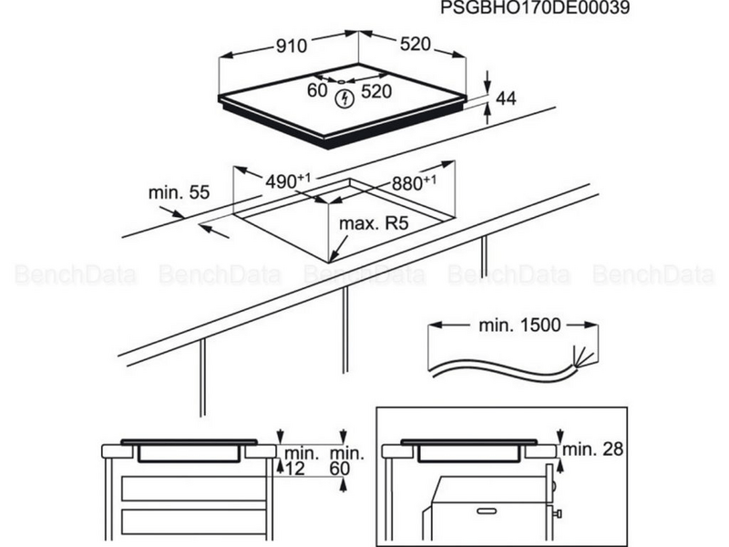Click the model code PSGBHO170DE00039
[x=535, y=8]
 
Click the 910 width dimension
[x=292, y=46]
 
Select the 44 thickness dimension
[x=507, y=98]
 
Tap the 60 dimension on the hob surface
[x=317, y=90]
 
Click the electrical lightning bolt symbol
[x=345, y=98]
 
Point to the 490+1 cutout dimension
[x=288, y=181]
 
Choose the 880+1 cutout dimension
[x=414, y=183]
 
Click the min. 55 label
[x=179, y=192]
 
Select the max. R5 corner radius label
[x=374, y=223]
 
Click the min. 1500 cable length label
[x=519, y=325]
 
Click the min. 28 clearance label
[x=593, y=449]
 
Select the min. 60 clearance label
[x=347, y=461]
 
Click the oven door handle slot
[x=487, y=511]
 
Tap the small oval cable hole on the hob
[x=342, y=81]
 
